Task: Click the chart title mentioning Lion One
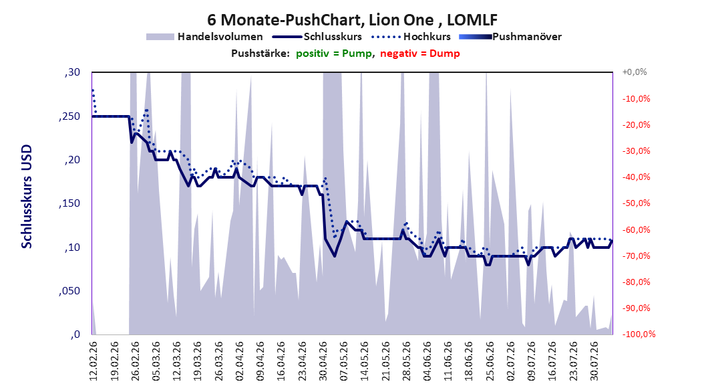(x=352, y=20)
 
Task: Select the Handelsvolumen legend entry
(x=205, y=37)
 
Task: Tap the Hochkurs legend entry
(x=411, y=37)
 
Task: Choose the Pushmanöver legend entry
(x=510, y=37)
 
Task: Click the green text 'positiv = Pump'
(x=333, y=54)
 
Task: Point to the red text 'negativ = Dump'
(x=420, y=54)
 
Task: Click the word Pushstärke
(x=260, y=54)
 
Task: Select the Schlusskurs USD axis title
(x=27, y=197)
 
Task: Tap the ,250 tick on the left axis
(x=69, y=116)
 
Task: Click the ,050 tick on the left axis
(x=69, y=291)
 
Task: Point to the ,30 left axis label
(x=72, y=72)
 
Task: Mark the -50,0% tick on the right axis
(x=636, y=203)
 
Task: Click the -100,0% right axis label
(x=639, y=334)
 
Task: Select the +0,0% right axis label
(x=635, y=72)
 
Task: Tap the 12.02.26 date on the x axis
(x=94, y=361)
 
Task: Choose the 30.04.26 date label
(x=323, y=361)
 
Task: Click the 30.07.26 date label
(x=594, y=361)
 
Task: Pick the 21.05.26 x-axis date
(x=385, y=361)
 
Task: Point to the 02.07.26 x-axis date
(x=510, y=361)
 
